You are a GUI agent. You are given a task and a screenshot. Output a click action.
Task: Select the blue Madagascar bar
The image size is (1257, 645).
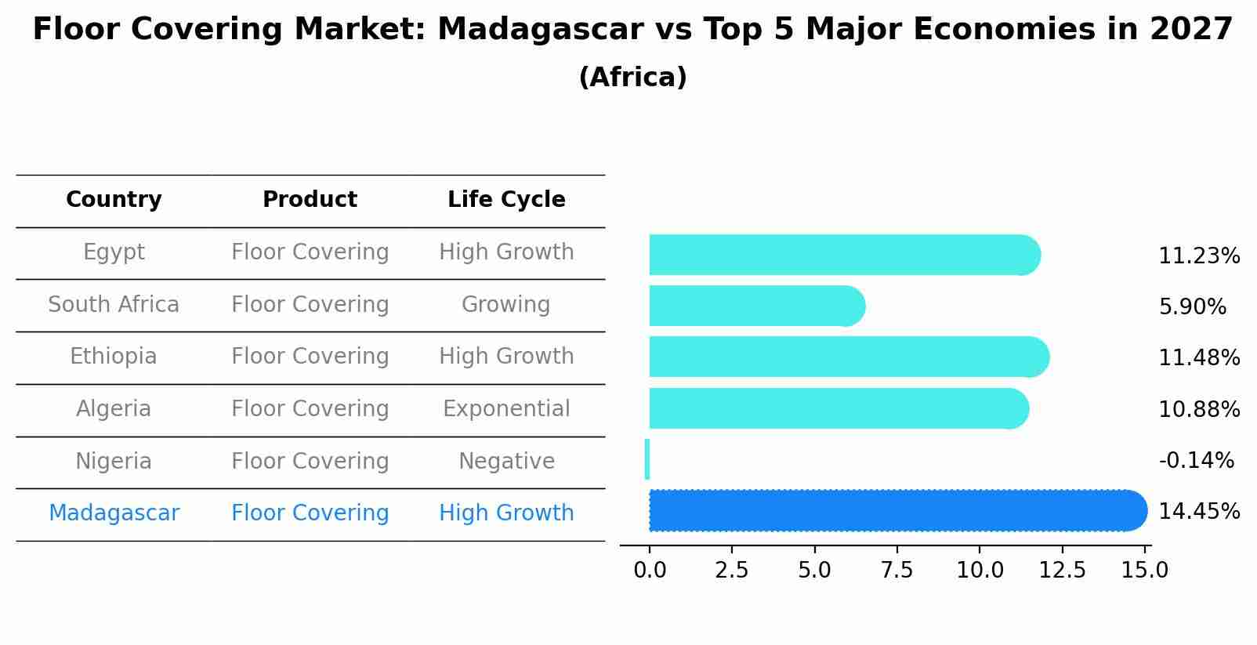coord(893,510)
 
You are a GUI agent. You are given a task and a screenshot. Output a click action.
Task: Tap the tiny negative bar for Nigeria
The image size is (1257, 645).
coord(647,459)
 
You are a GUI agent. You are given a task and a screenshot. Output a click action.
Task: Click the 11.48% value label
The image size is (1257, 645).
coord(1198,358)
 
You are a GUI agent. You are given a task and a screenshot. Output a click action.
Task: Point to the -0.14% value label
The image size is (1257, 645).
coord(1196,460)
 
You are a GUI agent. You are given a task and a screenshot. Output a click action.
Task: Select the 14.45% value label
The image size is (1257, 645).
coord(1198,512)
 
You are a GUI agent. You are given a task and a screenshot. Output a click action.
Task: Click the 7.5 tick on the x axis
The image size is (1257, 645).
coord(897,570)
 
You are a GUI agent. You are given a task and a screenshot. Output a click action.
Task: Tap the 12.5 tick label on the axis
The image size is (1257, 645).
coord(1062,570)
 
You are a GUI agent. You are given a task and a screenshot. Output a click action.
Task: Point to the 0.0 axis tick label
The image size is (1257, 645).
coord(650,570)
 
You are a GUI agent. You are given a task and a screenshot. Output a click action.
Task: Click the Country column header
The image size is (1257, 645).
coord(114,200)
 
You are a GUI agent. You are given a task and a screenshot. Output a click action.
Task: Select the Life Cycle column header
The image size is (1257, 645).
coord(506,200)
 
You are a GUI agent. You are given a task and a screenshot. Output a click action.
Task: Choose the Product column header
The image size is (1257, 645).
coord(310,200)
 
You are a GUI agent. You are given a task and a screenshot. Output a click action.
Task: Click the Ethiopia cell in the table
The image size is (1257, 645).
coord(114,357)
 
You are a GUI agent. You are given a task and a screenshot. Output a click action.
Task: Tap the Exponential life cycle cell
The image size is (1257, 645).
coord(506,409)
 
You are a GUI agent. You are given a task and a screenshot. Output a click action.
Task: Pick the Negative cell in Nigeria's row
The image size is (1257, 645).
coord(506,461)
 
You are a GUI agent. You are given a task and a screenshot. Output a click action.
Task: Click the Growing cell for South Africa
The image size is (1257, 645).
coord(506,304)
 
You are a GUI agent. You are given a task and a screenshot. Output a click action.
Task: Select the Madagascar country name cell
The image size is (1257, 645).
coord(114,513)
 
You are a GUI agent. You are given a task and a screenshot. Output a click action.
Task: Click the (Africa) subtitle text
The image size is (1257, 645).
coord(632,78)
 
